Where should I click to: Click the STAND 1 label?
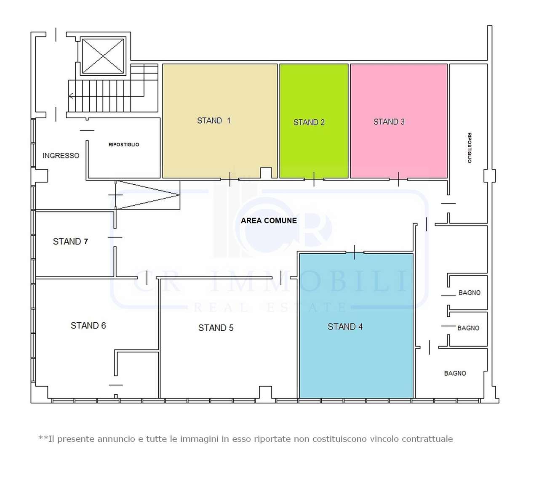(213, 121)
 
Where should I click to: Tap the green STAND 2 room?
(314, 121)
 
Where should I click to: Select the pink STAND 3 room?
(399, 121)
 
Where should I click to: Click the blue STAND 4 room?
(356, 326)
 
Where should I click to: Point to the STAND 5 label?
(216, 328)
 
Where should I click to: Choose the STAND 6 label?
(88, 325)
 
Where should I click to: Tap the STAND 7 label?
(70, 242)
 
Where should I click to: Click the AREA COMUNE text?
(269, 220)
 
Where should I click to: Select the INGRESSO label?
(61, 156)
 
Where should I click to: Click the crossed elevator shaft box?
(103, 56)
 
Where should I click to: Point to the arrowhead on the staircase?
(71, 96)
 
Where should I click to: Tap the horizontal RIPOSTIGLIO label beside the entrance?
(124, 145)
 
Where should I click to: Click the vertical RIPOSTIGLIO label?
(469, 148)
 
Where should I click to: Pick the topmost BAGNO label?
(470, 293)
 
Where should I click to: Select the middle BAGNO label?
(468, 328)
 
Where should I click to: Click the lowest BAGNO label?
(455, 373)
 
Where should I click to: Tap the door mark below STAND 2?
(314, 179)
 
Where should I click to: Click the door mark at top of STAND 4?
(355, 252)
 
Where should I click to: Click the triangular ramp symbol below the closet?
(148, 195)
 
